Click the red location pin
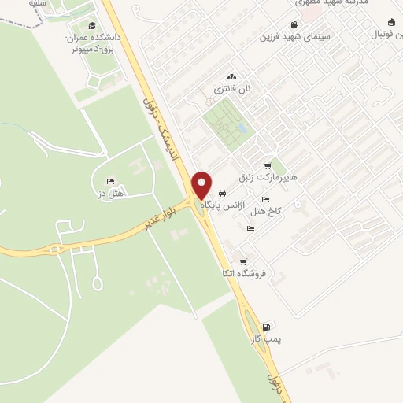point(202,185)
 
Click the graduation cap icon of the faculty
point(93,27)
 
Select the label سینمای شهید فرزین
point(298,36)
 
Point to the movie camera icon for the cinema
point(294,25)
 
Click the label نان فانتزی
point(231,88)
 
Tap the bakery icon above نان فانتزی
point(231,76)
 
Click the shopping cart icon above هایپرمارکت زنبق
point(268,166)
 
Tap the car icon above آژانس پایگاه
point(223,193)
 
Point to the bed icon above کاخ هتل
point(265,199)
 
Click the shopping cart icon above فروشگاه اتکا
point(243,261)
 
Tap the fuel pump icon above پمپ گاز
point(266,327)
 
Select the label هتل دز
point(111,194)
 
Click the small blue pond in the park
point(242,127)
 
